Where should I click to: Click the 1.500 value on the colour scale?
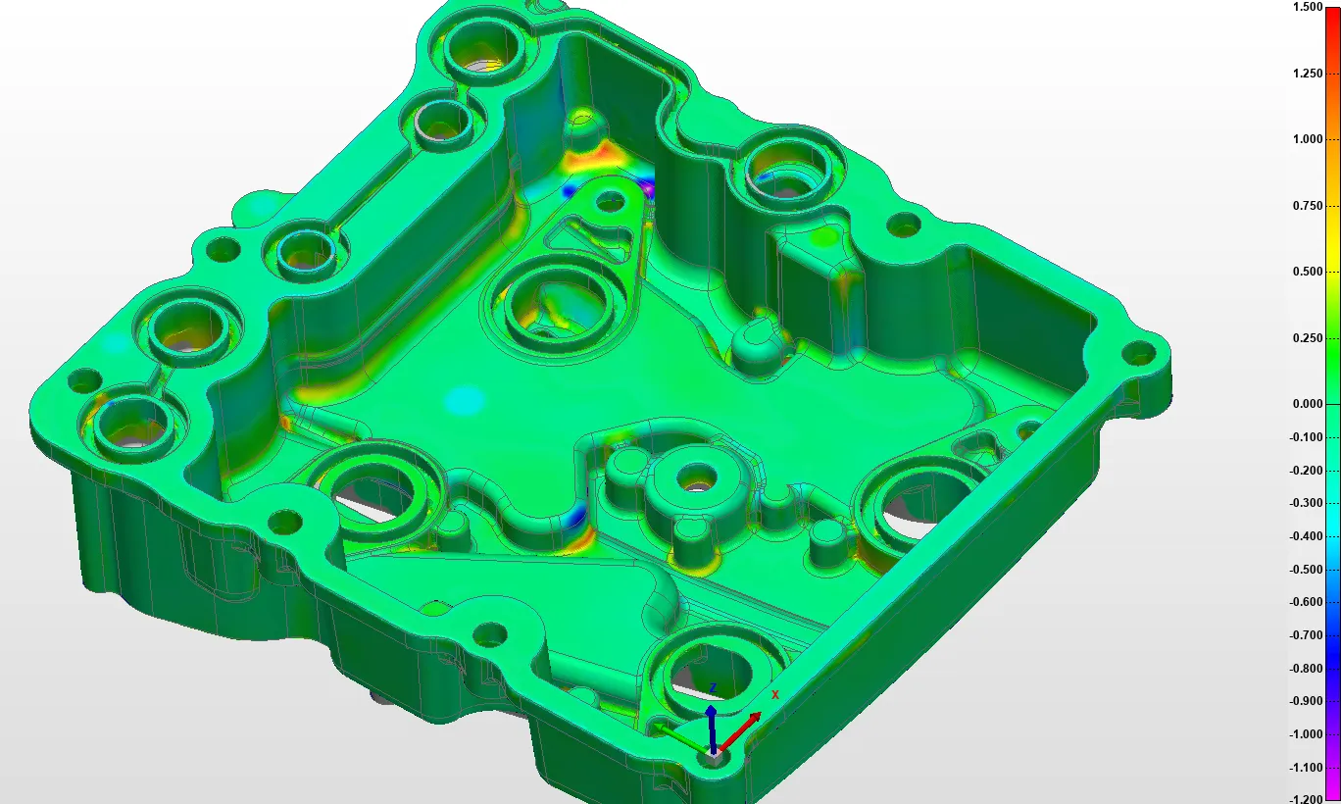coord(1308,7)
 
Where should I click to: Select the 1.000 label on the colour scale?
coord(1308,139)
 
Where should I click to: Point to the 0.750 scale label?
coord(1308,205)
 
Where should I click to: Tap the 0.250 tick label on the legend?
coord(1308,337)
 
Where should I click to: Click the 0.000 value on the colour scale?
coord(1308,404)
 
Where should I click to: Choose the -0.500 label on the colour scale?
coord(1306,569)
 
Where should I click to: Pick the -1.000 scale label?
coord(1306,734)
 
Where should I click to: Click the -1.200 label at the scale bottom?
coord(1306,799)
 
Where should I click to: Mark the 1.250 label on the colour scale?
coord(1308,73)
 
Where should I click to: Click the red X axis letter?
coord(775,694)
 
